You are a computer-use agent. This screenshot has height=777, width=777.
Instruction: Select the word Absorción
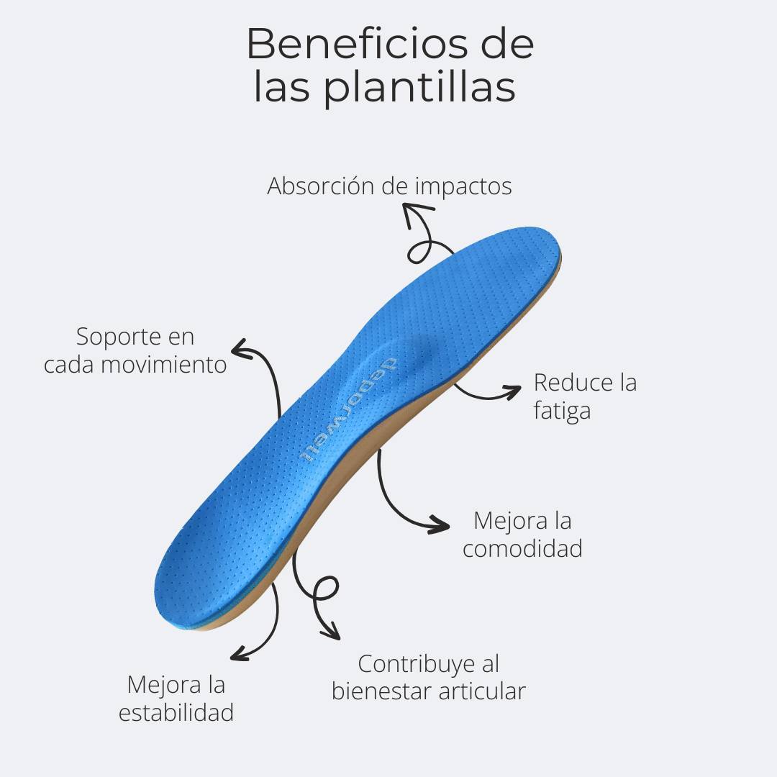click(321, 186)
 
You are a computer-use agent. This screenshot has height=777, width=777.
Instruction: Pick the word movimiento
click(163, 364)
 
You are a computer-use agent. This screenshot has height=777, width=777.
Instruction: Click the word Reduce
click(565, 382)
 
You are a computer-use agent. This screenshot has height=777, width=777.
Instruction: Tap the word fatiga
click(562, 411)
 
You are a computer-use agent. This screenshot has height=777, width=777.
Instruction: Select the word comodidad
click(522, 548)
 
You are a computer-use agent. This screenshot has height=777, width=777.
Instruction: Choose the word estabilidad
click(176, 712)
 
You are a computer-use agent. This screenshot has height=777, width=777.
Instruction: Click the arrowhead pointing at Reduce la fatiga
click(514, 391)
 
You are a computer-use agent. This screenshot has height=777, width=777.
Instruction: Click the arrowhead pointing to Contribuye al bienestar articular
click(332, 633)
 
